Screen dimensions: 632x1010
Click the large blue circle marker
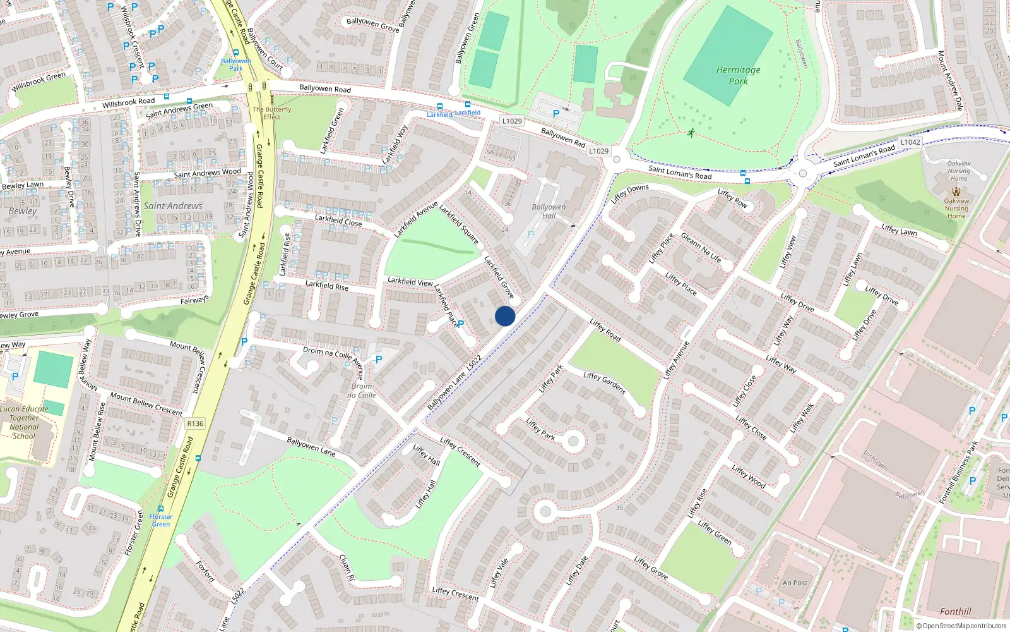tap(505, 316)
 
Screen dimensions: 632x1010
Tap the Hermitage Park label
tap(738, 75)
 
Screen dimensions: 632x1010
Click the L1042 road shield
tap(910, 142)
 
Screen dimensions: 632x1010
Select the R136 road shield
tap(195, 423)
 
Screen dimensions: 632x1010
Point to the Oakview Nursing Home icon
tap(956, 191)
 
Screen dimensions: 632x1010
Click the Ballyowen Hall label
tap(549, 211)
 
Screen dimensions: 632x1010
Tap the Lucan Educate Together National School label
tap(24, 422)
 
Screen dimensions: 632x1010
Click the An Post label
tap(795, 583)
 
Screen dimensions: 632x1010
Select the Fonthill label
tap(955, 611)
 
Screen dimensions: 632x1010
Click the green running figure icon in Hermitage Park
tap(691, 133)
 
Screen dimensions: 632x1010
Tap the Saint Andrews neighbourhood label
tap(172, 206)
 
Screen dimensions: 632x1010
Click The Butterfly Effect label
tap(272, 112)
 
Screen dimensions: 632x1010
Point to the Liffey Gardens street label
tap(604, 383)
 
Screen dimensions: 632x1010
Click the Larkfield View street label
tap(410, 281)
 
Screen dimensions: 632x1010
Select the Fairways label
tap(194, 300)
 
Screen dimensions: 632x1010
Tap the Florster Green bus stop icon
tap(161, 508)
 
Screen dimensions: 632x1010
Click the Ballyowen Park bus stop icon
tap(236, 54)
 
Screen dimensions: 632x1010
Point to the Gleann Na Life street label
tap(700, 247)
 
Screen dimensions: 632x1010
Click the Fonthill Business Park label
tap(958, 473)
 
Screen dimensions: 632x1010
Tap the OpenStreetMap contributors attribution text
tap(961, 626)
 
